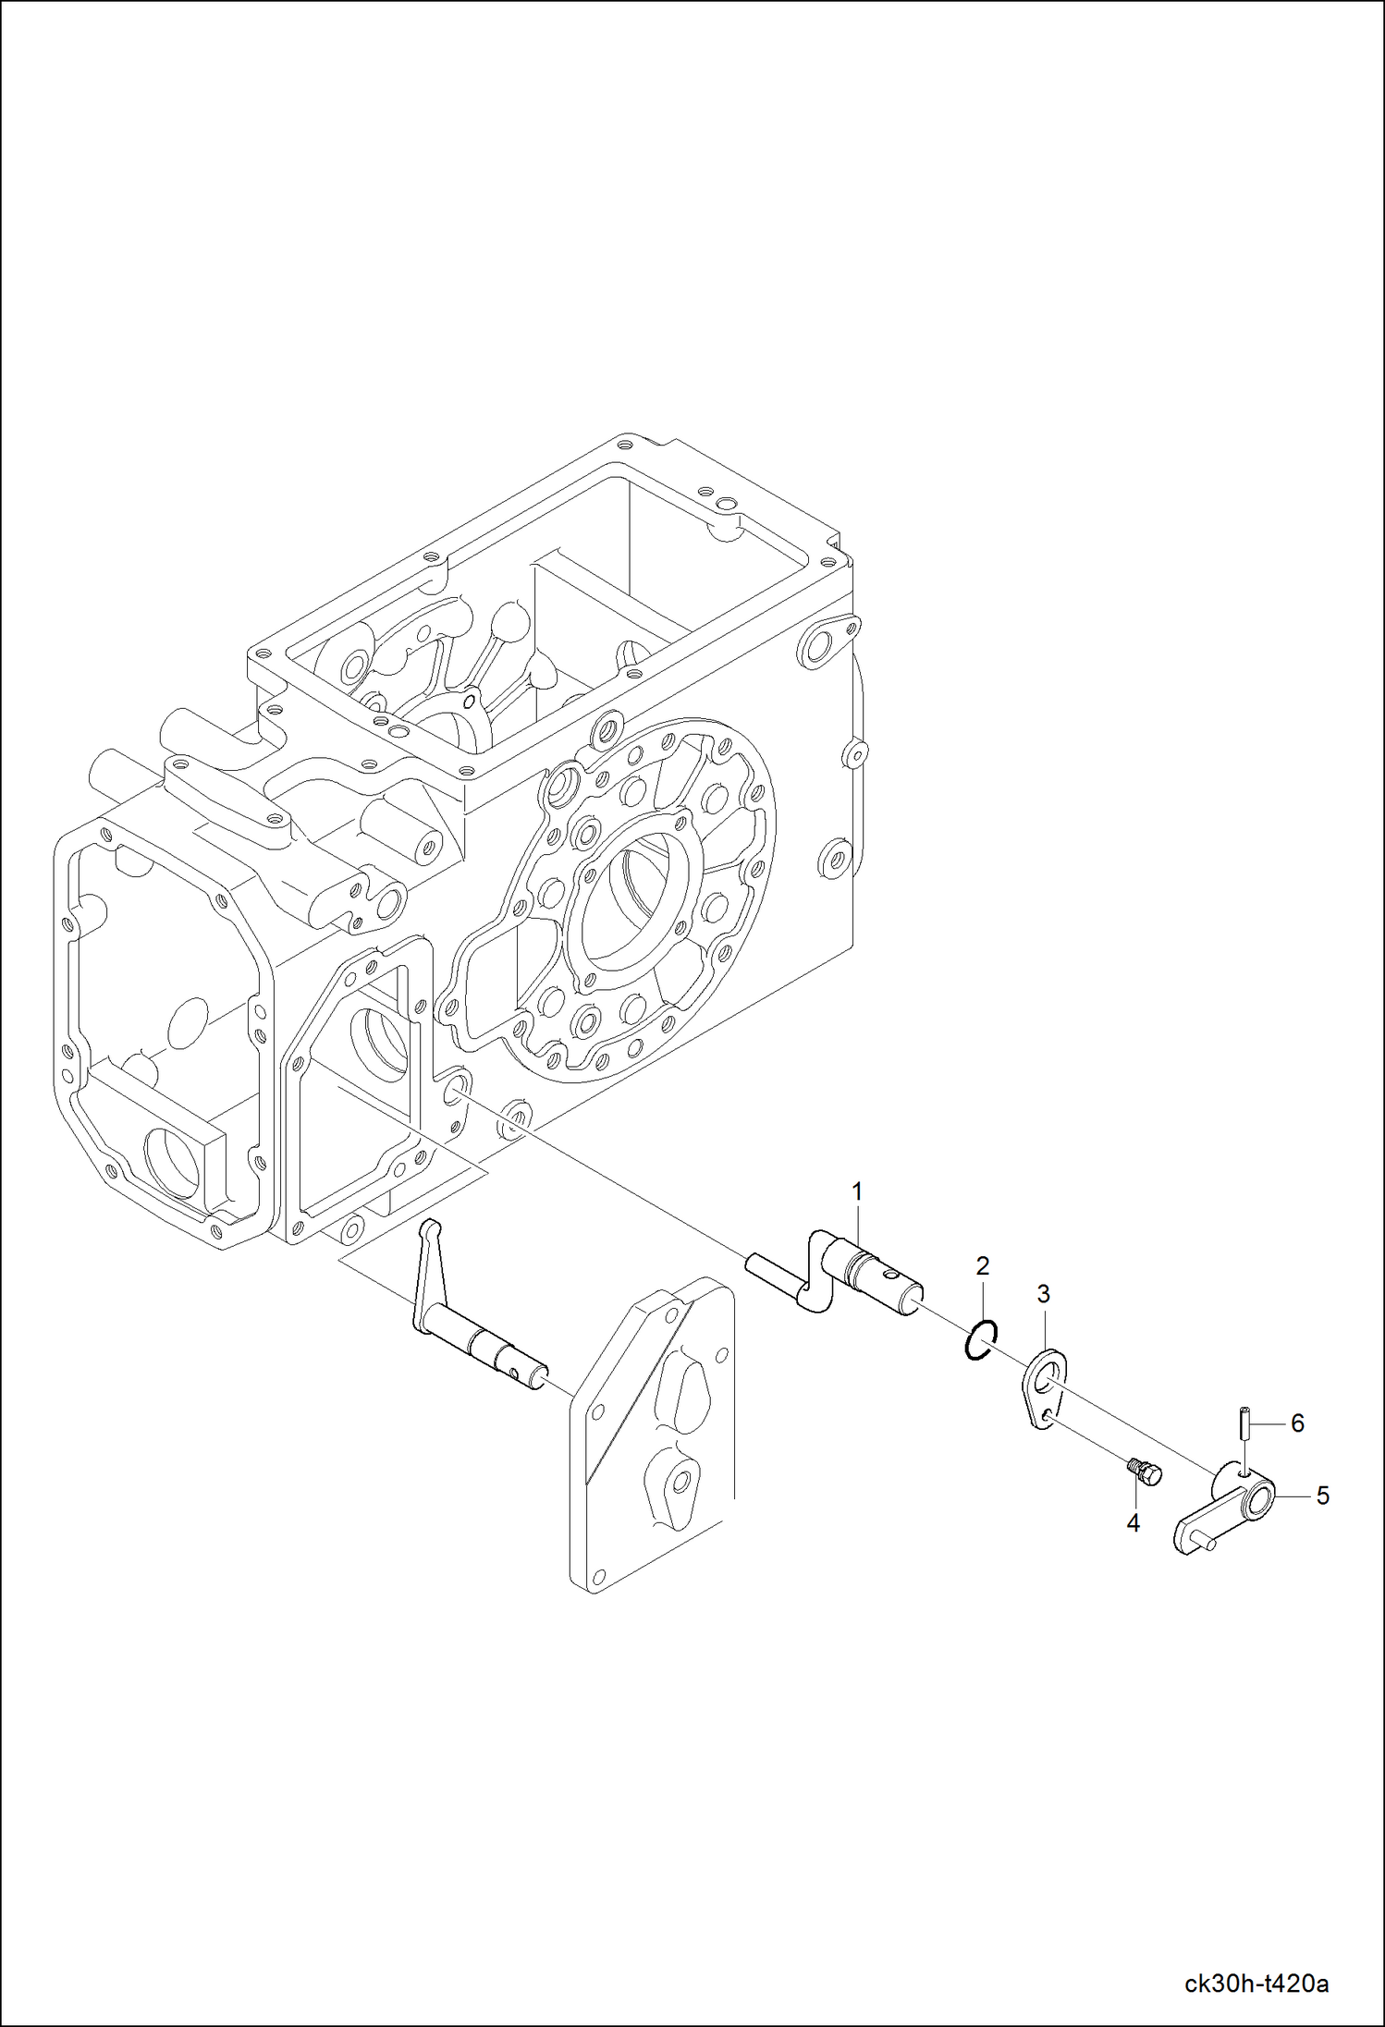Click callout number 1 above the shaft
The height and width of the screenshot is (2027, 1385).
pos(856,1192)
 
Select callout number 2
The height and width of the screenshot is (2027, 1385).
pos(983,1265)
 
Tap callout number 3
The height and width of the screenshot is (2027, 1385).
pos(1044,1294)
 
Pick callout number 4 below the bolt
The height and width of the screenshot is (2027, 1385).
pos(1134,1523)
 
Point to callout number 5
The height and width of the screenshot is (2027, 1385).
pos(1322,1495)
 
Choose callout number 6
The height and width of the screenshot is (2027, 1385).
pos(1297,1423)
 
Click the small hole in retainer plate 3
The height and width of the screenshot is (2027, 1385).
pos(1045,1415)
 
